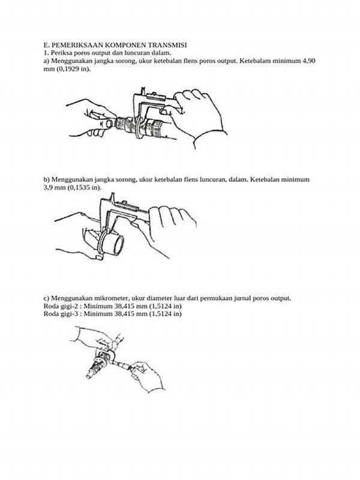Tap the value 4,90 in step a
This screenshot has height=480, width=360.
click(308, 61)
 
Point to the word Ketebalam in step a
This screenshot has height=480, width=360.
click(253, 61)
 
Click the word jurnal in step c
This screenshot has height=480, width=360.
click(242, 298)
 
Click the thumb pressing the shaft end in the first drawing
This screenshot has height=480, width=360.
click(108, 124)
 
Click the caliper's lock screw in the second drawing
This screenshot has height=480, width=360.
click(124, 203)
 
